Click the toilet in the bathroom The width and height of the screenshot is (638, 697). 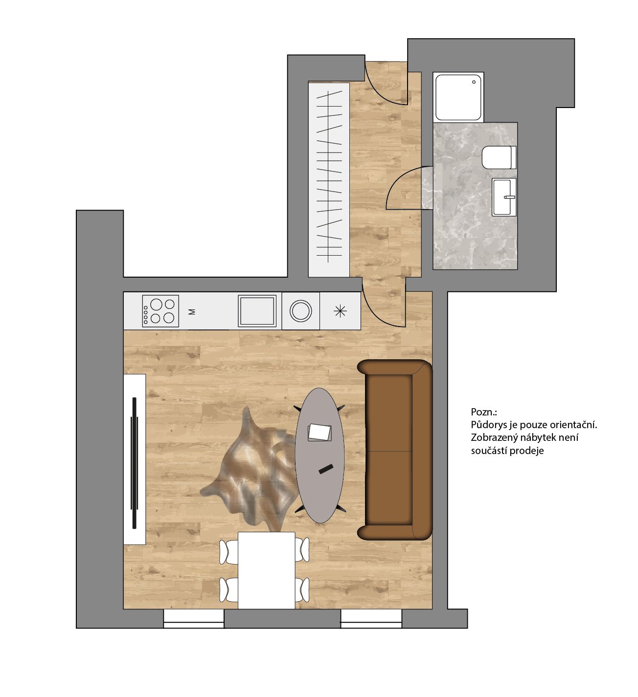tap(499, 157)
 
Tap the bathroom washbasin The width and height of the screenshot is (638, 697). tap(504, 197)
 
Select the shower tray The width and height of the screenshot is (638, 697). tap(458, 97)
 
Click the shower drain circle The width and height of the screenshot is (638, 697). tap(474, 82)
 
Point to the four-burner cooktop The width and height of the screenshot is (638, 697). tap(160, 311)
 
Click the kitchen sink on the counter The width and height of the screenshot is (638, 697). tap(257, 311)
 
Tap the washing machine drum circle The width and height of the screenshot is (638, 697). tap(300, 311)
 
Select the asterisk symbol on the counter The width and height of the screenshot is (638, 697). tap(340, 311)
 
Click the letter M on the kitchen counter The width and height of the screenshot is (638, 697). tap(192, 312)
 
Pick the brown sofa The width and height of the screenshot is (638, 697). tap(395, 450)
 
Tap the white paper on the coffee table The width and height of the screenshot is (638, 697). tap(319, 432)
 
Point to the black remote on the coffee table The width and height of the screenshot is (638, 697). tap(326, 469)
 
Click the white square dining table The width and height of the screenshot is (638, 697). tap(267, 570)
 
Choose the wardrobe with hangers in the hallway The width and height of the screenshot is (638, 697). tap(329, 180)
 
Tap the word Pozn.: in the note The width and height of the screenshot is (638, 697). tap(484, 412)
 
